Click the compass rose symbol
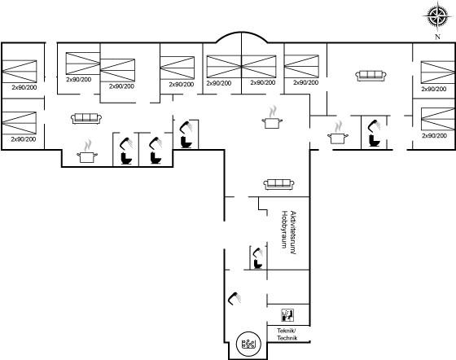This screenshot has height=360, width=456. [438, 16]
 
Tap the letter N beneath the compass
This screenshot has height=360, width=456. [437, 37]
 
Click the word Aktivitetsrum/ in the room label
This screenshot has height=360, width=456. [293, 233]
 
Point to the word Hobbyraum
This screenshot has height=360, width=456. [284, 229]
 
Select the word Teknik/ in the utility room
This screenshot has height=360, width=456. [287, 331]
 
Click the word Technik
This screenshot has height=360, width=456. [287, 338]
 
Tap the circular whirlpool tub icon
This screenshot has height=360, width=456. [248, 344]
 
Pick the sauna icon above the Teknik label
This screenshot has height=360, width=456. [287, 315]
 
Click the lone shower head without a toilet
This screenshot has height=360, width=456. [235, 299]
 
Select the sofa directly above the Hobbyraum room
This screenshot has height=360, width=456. [278, 184]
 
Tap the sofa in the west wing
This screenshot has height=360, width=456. [86, 118]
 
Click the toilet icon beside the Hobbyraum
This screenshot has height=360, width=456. [257, 264]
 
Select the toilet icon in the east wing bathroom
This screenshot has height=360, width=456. [375, 140]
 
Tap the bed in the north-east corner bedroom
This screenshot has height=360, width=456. [438, 72]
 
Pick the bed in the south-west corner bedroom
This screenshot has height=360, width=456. [20, 123]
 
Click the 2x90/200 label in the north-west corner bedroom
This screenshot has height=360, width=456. [24, 87]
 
